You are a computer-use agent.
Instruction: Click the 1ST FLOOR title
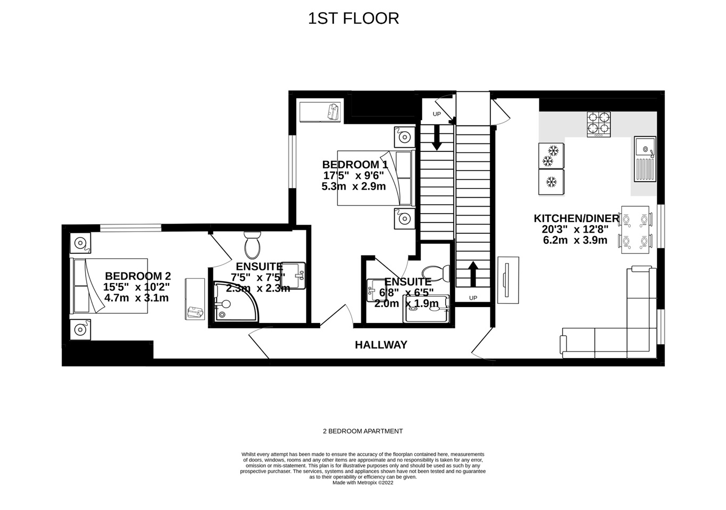tap(353, 19)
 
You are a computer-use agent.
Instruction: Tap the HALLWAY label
tap(381, 345)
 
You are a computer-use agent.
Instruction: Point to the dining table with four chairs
tap(635, 230)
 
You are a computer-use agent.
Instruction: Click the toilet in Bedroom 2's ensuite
tap(252, 245)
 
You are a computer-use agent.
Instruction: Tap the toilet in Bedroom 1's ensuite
tap(439, 274)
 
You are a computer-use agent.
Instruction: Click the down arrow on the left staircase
tap(437, 137)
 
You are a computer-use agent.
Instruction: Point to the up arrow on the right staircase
tap(473, 273)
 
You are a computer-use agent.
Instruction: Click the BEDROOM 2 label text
tap(138, 276)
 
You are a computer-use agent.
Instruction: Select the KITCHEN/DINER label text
tap(576, 218)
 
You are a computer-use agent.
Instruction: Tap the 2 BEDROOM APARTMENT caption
tap(363, 431)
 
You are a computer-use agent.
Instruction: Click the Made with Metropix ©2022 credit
tap(363, 483)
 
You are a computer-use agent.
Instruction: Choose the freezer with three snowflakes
tap(551, 155)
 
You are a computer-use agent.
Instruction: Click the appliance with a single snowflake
tap(551, 182)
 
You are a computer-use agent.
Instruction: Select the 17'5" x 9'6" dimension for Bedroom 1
tap(355, 176)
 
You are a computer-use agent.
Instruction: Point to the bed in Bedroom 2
tap(109, 285)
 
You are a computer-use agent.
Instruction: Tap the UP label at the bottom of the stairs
tap(473, 298)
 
